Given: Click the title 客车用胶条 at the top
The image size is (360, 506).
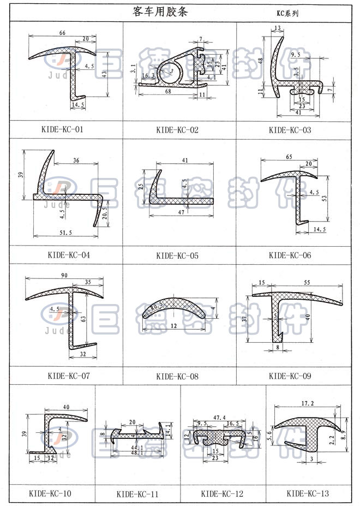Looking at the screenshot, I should point(160,12).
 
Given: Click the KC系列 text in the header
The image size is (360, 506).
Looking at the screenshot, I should point(287,13).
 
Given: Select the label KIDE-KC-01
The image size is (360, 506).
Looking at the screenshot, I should point(65,130).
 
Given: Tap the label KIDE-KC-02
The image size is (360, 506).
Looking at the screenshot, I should point(177,130).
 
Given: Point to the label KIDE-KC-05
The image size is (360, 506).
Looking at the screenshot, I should point(177,255).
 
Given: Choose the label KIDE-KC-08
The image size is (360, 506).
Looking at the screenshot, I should point(177,376).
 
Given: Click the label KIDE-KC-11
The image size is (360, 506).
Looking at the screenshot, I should point(137,495).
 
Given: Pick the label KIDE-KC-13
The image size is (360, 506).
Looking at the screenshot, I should point(308,494).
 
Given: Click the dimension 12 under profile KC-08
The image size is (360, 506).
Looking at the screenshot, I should point(173,326).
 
